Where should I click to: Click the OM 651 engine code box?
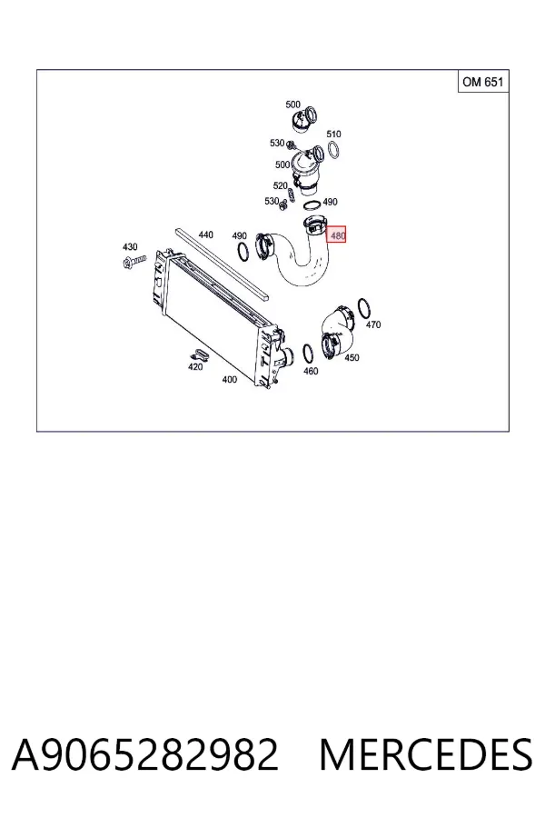tap(483, 82)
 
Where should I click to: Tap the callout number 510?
tap(333, 135)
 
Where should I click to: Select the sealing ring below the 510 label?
tap(334, 150)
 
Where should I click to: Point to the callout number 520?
tap(280, 185)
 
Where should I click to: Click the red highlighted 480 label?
tap(336, 235)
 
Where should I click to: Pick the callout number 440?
tap(206, 234)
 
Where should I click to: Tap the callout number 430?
tap(130, 246)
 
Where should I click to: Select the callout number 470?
tap(373, 324)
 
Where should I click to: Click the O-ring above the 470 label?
tap(364, 308)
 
